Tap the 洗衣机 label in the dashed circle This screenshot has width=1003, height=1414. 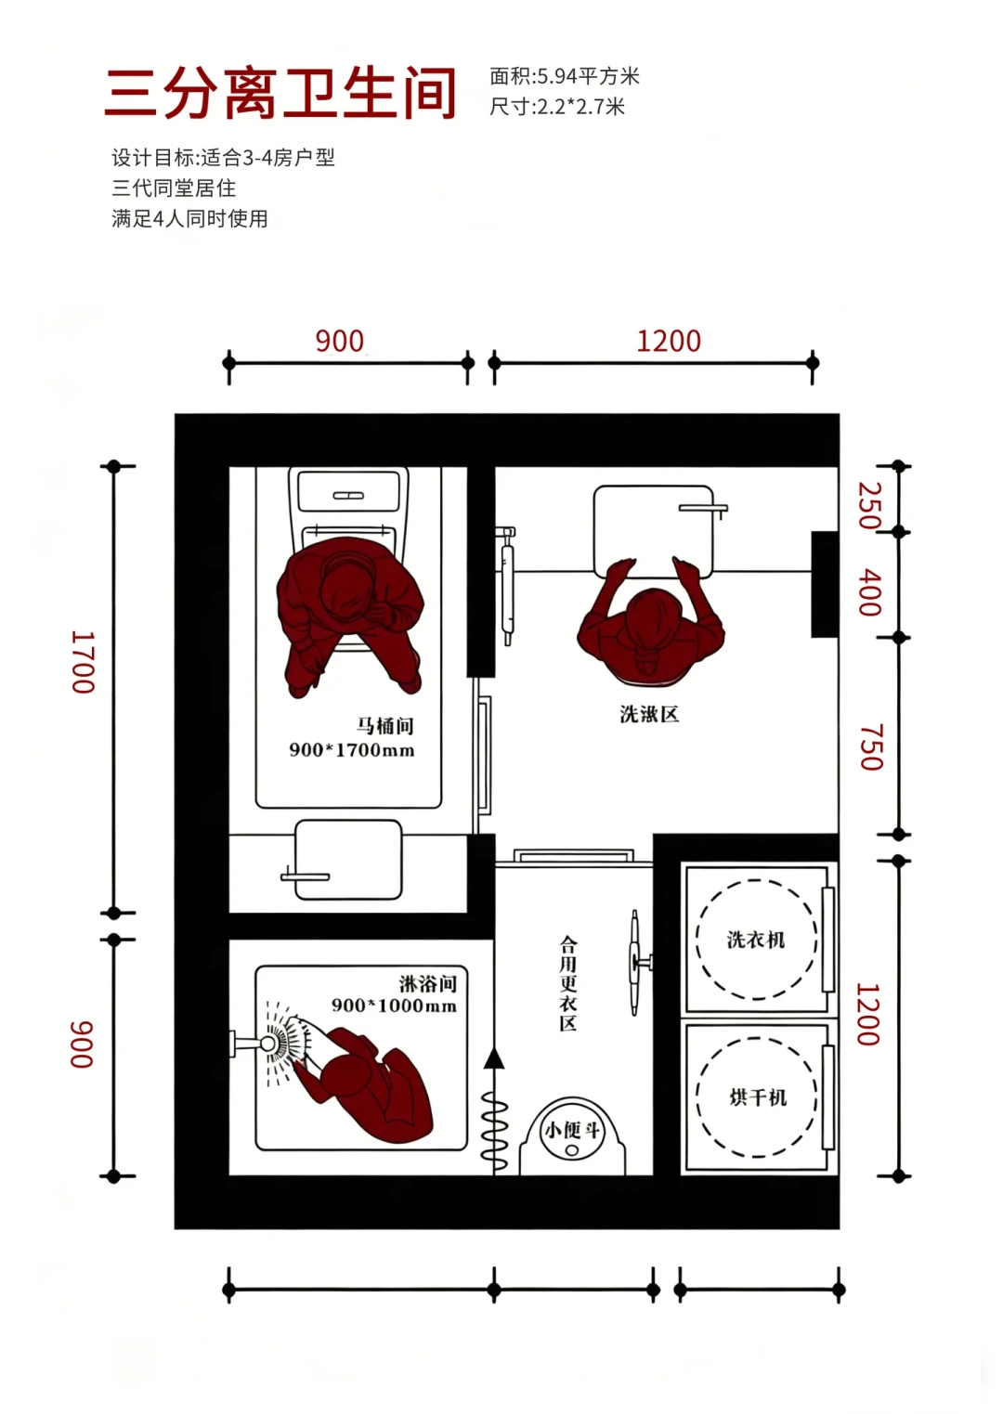(x=755, y=940)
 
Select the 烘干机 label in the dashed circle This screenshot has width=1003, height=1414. (x=758, y=1097)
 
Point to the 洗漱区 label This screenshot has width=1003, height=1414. (x=649, y=714)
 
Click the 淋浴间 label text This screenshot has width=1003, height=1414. (x=427, y=983)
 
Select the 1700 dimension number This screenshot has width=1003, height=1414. (x=83, y=662)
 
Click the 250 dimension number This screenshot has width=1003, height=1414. (x=869, y=505)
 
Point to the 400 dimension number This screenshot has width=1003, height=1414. (x=869, y=592)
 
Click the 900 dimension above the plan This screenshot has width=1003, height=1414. (x=340, y=342)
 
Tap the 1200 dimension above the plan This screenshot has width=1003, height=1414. (x=669, y=342)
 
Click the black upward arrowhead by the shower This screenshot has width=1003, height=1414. (x=494, y=1058)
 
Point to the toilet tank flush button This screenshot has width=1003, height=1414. (x=348, y=496)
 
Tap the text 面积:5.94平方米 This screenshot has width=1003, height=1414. (x=565, y=76)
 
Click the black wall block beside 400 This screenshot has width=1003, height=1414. (x=825, y=584)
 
